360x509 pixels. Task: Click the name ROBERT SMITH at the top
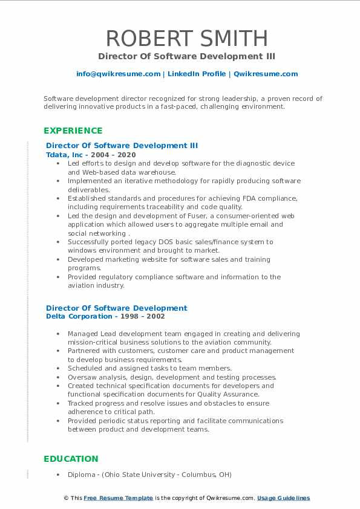point(186,38)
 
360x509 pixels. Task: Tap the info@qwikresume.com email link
point(118,74)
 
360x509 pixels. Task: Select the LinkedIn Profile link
point(196,74)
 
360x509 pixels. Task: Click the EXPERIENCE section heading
point(73,131)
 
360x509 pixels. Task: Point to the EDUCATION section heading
point(71,459)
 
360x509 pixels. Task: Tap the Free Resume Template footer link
point(118,498)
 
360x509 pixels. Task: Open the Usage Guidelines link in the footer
point(283,498)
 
